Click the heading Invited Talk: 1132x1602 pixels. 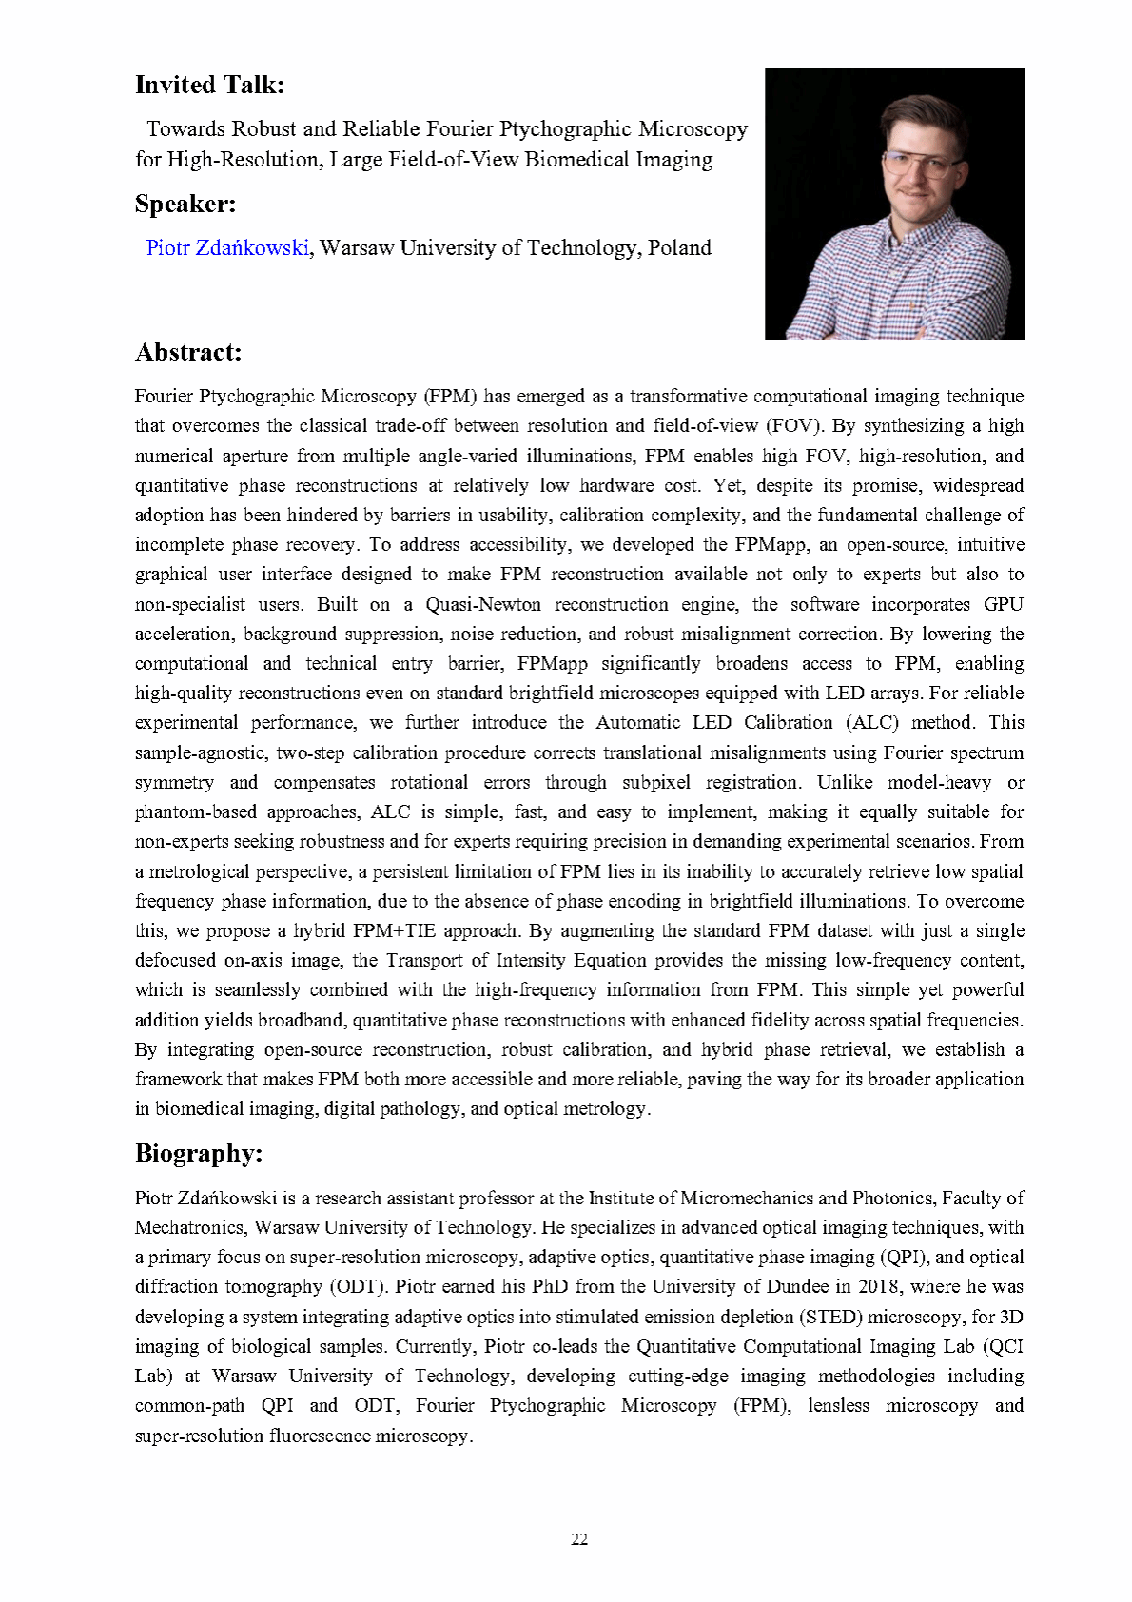[x=209, y=86]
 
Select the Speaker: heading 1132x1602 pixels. [x=185, y=205]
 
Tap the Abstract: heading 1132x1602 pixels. [x=188, y=353]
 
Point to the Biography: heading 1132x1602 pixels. [x=199, y=1154]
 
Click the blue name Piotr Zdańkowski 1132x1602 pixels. [x=227, y=248]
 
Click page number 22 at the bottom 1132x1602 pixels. [x=579, y=1539]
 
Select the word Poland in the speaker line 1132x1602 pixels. [x=679, y=248]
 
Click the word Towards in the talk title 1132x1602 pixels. [x=185, y=129]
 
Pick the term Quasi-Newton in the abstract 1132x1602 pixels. [x=483, y=605]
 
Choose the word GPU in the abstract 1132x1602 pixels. [x=1004, y=605]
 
